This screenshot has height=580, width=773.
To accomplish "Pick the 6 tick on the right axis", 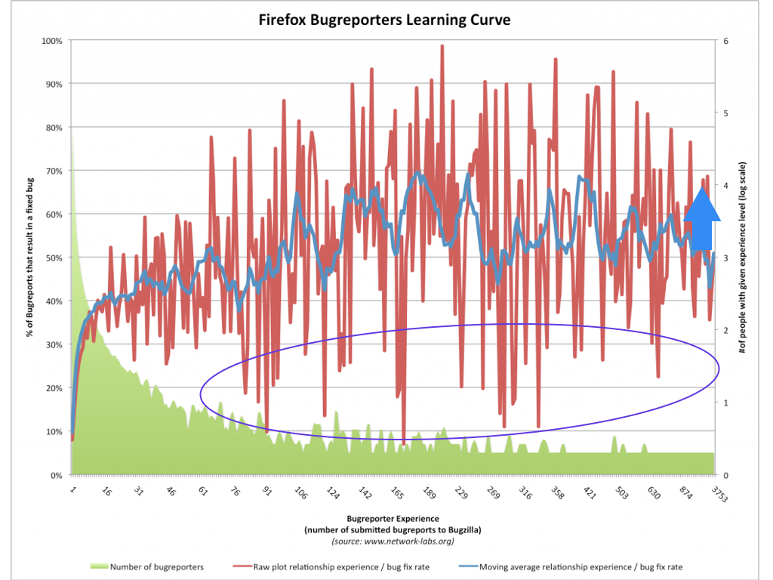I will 725,40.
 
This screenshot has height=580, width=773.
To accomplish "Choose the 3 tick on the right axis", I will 725,258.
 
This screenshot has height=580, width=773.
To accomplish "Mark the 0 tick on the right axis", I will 725,475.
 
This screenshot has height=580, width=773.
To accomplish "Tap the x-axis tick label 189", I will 427,495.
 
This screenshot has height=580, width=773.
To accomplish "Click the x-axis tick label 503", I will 619,495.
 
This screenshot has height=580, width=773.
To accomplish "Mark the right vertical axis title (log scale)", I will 743,257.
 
